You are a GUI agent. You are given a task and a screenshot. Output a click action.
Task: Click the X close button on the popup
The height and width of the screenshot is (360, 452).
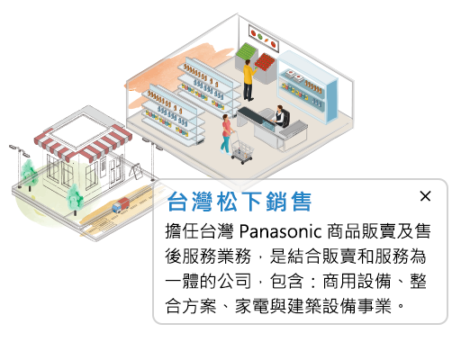point(425,196)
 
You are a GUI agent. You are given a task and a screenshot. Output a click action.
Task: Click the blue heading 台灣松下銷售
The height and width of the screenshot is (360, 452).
point(240,202)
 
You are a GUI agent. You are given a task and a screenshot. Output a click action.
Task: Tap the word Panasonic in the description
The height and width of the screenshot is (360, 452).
point(280,231)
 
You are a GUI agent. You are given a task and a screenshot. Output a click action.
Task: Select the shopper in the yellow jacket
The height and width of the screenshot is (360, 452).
point(249,80)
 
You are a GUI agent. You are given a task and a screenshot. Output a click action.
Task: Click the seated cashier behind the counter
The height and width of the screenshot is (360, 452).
point(280,116)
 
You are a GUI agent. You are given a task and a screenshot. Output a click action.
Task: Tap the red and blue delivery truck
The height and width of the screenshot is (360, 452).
point(121,205)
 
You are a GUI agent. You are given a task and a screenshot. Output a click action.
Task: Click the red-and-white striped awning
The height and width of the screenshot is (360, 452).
point(83,141)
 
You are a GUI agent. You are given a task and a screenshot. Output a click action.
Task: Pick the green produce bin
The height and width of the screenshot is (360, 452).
point(246,51)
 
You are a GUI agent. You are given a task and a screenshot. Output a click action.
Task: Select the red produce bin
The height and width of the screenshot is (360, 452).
point(265,62)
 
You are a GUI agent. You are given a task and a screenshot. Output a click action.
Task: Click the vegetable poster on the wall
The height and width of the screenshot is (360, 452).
point(264,38)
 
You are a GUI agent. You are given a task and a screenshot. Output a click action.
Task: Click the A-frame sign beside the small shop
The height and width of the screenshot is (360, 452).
point(136,172)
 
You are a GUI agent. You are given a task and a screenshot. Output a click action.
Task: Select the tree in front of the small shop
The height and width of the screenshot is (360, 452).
point(75,199)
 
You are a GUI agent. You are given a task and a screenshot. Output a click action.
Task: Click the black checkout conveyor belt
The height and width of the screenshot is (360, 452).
point(251,115)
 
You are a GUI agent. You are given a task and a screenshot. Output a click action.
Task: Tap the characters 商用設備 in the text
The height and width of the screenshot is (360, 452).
point(357,282)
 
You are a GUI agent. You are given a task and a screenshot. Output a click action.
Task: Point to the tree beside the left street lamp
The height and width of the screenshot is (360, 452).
point(30,174)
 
